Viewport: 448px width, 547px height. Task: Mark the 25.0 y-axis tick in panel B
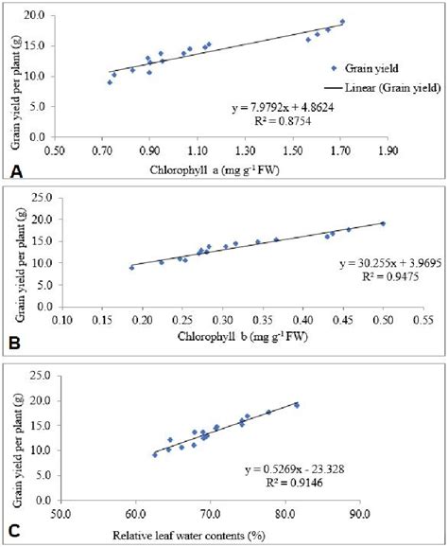point(43,197)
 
